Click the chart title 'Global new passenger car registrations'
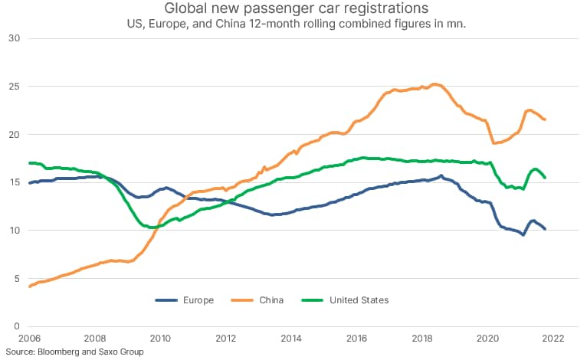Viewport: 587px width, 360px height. (293, 9)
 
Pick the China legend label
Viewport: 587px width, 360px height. (271, 300)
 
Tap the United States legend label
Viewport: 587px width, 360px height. (359, 300)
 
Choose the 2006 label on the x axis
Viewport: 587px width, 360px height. (28, 338)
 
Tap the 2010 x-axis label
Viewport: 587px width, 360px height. (159, 338)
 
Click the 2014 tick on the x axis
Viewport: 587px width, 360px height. (291, 338)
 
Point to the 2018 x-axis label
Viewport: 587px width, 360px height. (422, 338)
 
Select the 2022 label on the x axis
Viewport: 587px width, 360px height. (553, 338)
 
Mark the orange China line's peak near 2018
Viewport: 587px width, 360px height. (435, 84)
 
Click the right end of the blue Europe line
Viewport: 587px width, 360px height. (545, 229)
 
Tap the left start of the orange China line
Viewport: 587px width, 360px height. (29, 286)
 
